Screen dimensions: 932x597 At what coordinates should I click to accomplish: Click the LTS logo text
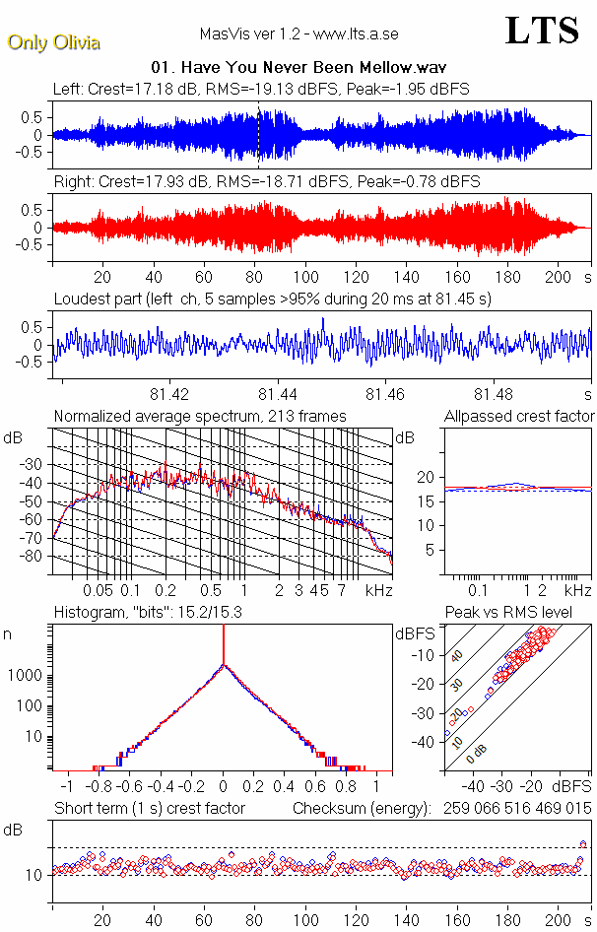(542, 31)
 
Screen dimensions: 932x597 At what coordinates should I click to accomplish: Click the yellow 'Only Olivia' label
(54, 42)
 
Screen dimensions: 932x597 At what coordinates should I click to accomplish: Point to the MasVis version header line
(298, 34)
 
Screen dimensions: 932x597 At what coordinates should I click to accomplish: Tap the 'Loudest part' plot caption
(272, 298)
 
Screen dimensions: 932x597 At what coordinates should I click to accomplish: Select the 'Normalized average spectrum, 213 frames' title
(200, 417)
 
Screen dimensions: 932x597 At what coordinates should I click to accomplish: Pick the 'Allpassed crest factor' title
(519, 417)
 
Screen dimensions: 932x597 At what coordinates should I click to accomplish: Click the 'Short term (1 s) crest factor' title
(149, 809)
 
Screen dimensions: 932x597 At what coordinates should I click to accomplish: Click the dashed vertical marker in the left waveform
(259, 133)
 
